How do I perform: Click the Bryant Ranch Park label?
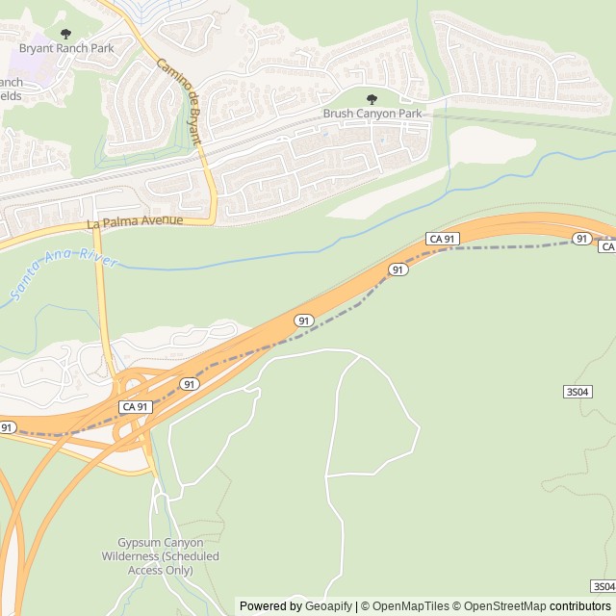[66, 48]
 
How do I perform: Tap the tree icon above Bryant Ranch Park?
[65, 34]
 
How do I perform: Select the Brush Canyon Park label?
[372, 114]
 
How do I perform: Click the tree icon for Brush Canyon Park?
[372, 99]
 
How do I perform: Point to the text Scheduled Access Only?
[162, 563]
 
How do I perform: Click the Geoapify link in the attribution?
[329, 606]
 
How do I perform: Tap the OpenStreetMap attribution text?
[502, 606]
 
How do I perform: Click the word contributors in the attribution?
[580, 606]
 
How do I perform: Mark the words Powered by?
[270, 606]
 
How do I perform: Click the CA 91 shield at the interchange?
[135, 407]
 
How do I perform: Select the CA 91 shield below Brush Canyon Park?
[442, 239]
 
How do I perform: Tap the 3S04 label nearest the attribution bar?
[603, 586]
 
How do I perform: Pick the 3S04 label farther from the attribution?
[577, 392]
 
